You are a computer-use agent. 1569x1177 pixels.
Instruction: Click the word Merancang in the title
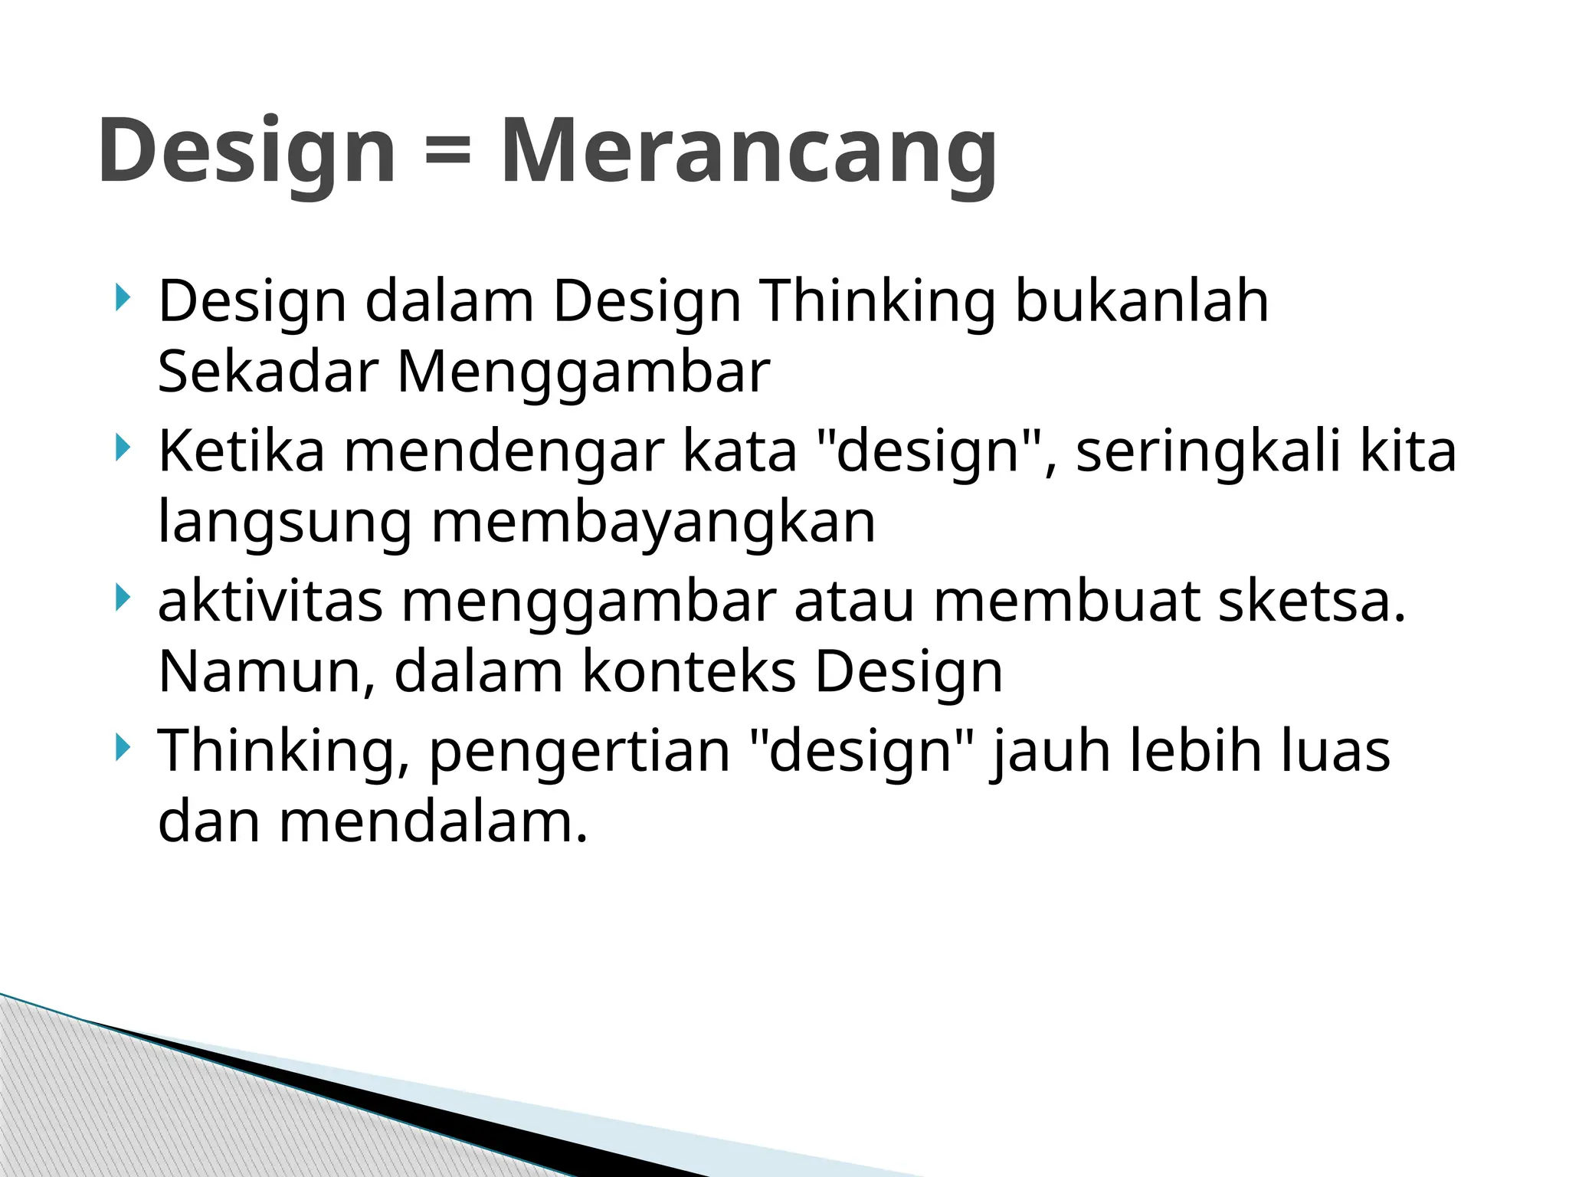coord(748,151)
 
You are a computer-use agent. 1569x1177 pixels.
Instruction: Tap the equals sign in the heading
coord(447,149)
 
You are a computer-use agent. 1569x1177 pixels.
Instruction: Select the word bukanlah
coord(1142,301)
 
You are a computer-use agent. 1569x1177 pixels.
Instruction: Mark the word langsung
coord(285,523)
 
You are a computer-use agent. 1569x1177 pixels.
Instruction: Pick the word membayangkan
coord(653,523)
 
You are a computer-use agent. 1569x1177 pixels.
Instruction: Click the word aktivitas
coord(270,601)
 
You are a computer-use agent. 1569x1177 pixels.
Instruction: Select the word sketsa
coord(1312,601)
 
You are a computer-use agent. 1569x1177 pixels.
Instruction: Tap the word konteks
coord(689,672)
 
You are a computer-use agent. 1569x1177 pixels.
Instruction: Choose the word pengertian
coord(579,751)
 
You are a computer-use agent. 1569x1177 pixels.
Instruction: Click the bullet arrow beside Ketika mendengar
coord(122,448)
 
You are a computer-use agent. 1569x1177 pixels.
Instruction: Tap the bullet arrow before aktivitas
coord(122,598)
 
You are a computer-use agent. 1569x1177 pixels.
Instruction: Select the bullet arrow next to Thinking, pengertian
coord(122,747)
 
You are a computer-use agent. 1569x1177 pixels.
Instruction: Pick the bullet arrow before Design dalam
coord(122,298)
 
